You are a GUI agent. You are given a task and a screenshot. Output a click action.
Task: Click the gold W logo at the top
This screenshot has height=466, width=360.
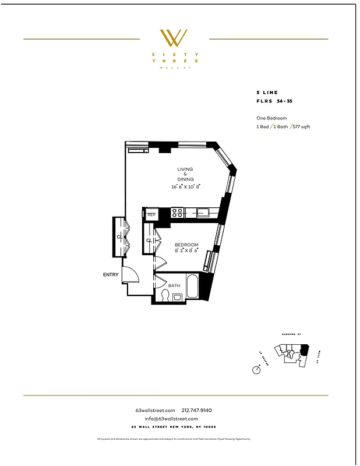point(174,38)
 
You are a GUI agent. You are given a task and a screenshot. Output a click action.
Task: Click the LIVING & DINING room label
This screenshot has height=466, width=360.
point(185,174)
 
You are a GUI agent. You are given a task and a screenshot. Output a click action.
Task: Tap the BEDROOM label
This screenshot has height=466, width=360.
point(186,245)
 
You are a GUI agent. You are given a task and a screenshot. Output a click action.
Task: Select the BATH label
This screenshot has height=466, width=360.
point(174,285)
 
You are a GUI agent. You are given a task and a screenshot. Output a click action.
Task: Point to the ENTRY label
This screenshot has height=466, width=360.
point(111,274)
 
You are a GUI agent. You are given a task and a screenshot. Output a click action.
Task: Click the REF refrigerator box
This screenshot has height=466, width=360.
point(151,215)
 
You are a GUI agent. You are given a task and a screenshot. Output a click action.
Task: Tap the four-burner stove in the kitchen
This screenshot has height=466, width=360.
point(178,213)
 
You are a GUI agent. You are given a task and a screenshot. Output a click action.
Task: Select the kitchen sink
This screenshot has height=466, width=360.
point(203,213)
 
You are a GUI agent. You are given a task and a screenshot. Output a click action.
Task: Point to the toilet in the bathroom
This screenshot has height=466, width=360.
point(165,296)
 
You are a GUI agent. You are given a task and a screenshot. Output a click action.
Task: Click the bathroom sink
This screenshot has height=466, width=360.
point(178,297)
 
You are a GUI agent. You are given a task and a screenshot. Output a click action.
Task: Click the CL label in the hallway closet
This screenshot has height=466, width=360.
point(119,237)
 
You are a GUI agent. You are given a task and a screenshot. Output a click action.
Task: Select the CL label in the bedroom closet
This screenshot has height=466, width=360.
point(149,240)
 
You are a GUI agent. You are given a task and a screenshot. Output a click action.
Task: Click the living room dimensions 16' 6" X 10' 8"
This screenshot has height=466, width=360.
point(185,187)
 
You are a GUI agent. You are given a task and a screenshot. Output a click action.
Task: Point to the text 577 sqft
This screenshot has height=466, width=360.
point(301,126)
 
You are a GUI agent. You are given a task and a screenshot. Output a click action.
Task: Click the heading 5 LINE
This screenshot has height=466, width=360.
point(267,92)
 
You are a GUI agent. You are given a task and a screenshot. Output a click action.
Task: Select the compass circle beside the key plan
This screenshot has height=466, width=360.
point(256,370)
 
